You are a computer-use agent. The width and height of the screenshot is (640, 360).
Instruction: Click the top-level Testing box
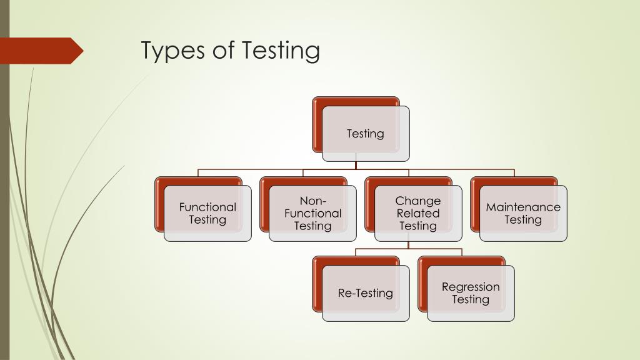point(366,133)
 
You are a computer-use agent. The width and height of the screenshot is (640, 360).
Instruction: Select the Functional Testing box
point(207,213)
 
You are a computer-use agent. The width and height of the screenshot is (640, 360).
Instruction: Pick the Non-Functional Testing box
point(312,213)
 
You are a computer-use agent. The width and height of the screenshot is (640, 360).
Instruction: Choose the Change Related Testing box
point(418,213)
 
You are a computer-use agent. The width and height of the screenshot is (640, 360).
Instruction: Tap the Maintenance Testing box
point(523,213)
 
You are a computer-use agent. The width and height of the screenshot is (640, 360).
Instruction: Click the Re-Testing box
point(366,293)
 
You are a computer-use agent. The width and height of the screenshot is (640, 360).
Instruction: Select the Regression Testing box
point(471,293)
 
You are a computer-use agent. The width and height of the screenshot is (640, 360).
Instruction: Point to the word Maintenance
point(523,207)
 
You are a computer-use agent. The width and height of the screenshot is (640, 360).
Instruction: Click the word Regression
point(471,287)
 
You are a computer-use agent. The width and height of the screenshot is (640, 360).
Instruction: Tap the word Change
point(418,201)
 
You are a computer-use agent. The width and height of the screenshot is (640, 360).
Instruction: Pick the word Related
point(418,213)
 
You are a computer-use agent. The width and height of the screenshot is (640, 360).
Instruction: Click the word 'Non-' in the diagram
point(312,201)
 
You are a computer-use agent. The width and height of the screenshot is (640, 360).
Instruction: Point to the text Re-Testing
point(366,293)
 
